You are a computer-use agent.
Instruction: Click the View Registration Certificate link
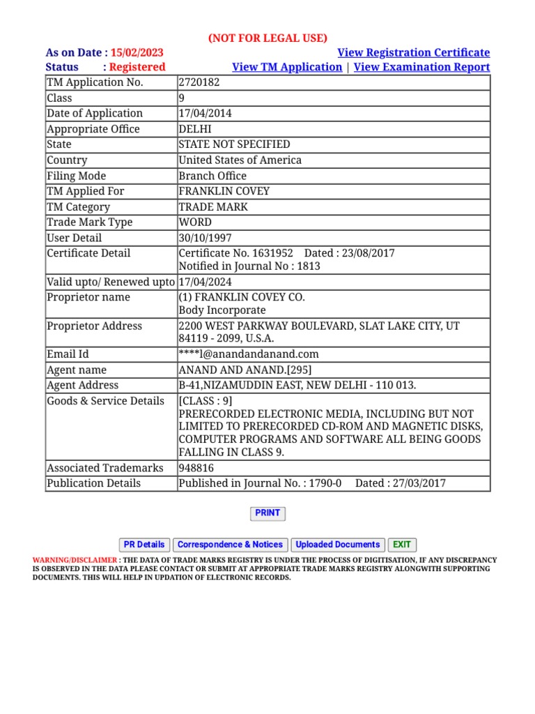(x=413, y=53)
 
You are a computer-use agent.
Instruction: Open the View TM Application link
(x=287, y=67)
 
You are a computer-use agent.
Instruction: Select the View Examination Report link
(x=422, y=67)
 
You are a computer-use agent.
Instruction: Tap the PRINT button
(x=267, y=513)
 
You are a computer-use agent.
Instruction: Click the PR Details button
(x=144, y=545)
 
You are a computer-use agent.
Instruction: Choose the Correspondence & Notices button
(x=230, y=545)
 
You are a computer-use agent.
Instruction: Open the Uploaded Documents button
(x=338, y=545)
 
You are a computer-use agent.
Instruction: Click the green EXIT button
(x=402, y=545)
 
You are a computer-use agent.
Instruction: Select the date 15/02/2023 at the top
(x=137, y=53)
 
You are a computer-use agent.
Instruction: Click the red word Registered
(x=137, y=67)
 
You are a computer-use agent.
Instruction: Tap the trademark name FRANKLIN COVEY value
(x=224, y=191)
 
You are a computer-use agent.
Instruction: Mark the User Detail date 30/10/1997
(x=206, y=238)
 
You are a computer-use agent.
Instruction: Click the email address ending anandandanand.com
(x=249, y=354)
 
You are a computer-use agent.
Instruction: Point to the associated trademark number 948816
(x=196, y=468)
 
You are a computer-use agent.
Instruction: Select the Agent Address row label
(x=82, y=385)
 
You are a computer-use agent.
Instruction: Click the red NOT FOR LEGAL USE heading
(x=267, y=38)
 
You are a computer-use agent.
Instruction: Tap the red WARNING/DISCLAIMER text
(x=75, y=560)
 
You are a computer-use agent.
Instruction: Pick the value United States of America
(x=240, y=160)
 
